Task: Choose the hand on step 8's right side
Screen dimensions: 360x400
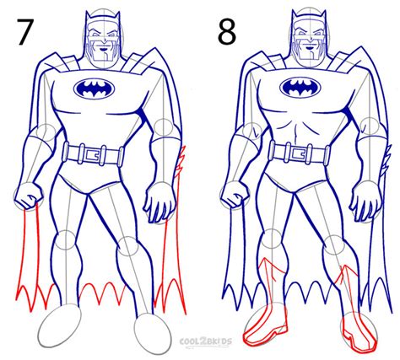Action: pyautogui.click(x=365, y=201)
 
